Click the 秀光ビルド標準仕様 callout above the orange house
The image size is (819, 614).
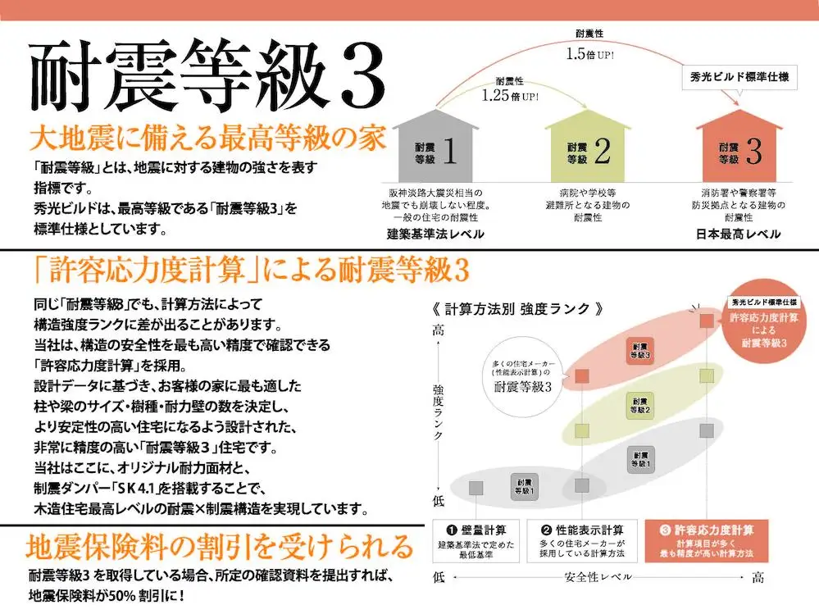(x=739, y=78)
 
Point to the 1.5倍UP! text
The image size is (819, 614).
(x=589, y=54)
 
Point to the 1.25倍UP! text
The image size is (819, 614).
(x=510, y=96)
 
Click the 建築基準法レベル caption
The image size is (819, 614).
(x=435, y=234)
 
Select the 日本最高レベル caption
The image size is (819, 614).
(x=739, y=234)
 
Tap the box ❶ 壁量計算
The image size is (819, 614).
(x=475, y=540)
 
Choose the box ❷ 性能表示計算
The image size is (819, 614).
(x=582, y=540)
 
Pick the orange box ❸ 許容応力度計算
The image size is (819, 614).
(x=707, y=540)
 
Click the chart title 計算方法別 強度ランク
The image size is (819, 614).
(x=518, y=309)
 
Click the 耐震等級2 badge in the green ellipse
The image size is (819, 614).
(x=639, y=406)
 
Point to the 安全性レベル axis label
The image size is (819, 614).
(x=598, y=577)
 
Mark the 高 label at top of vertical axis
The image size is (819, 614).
(x=439, y=330)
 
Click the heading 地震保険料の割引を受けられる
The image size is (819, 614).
(x=220, y=547)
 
